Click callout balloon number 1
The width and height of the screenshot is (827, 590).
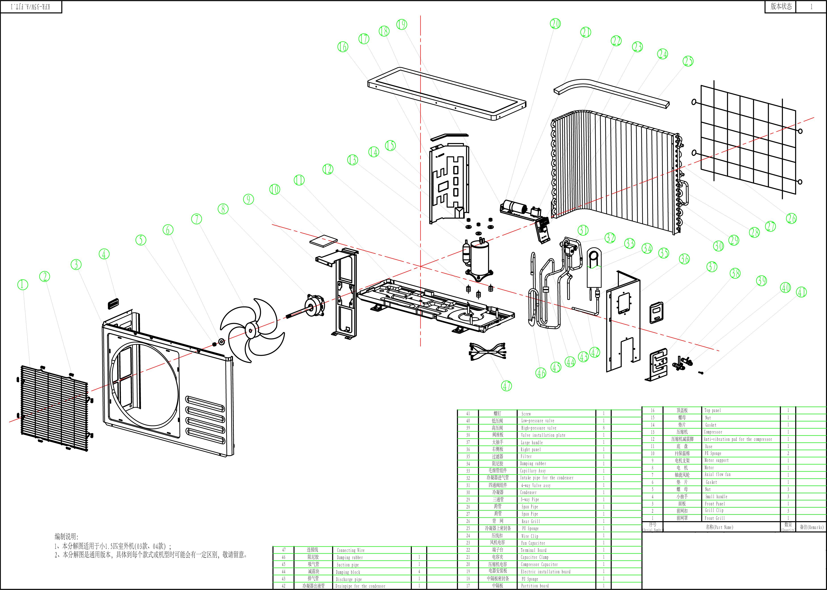pos(23,284)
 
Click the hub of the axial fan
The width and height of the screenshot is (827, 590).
pos(250,331)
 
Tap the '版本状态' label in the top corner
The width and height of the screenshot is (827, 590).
pos(781,6)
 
